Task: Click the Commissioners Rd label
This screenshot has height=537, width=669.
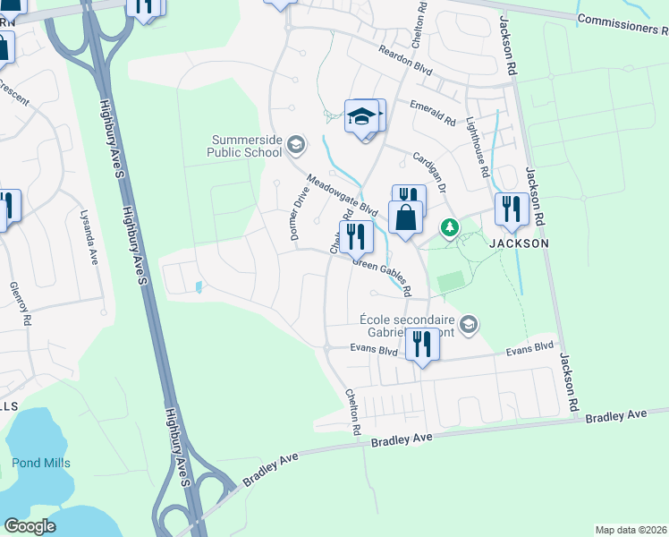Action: [622, 23]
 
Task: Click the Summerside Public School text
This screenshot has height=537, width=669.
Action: [245, 146]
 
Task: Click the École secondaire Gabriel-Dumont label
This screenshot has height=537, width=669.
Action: [408, 327]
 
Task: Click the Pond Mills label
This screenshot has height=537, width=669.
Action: [41, 463]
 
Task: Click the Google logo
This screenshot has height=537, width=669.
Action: [30, 526]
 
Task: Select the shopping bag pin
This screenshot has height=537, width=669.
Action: [405, 217]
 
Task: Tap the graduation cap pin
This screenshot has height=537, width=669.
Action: [362, 117]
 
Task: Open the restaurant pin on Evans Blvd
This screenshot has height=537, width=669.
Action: [421, 345]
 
